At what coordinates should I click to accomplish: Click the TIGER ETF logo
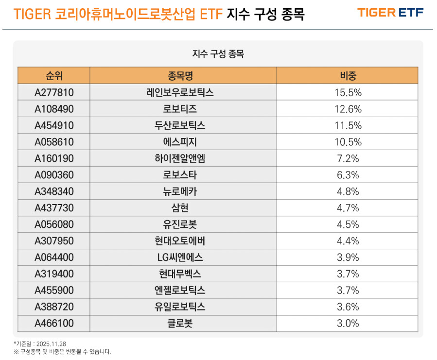390,13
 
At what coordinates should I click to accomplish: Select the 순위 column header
54,75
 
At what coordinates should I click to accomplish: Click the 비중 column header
348,75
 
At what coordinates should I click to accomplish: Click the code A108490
54,109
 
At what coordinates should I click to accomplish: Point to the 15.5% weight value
348,92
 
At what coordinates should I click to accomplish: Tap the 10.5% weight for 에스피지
348,142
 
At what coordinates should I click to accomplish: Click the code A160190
54,158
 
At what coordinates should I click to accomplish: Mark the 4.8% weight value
348,191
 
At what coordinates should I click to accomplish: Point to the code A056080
54,224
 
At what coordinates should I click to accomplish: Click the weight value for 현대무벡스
348,274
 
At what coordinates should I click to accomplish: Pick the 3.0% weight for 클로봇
348,324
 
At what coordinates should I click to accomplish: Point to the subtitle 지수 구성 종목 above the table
218,54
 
